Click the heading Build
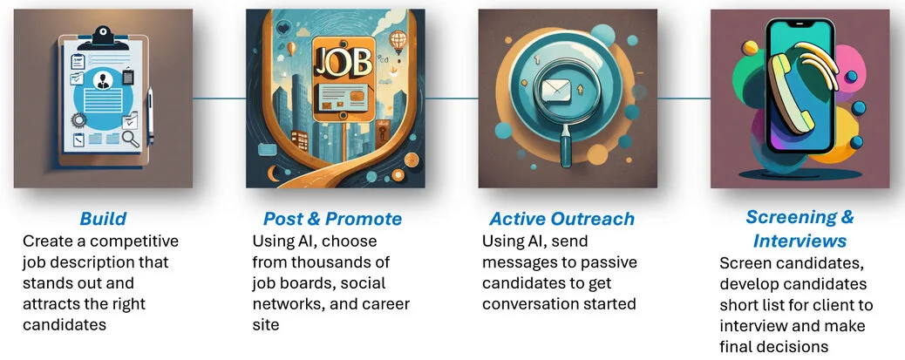click(x=103, y=218)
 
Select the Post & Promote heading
click(x=333, y=218)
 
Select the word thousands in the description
click(x=353, y=262)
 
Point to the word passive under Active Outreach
click(x=612, y=262)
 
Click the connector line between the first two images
click(x=220, y=98)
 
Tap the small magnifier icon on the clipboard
click(x=131, y=136)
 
